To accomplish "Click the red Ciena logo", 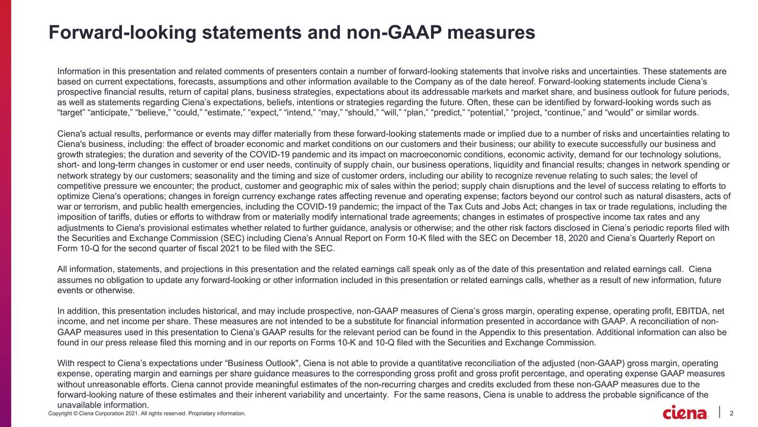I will [x=685, y=412].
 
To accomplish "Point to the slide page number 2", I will [x=733, y=413].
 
